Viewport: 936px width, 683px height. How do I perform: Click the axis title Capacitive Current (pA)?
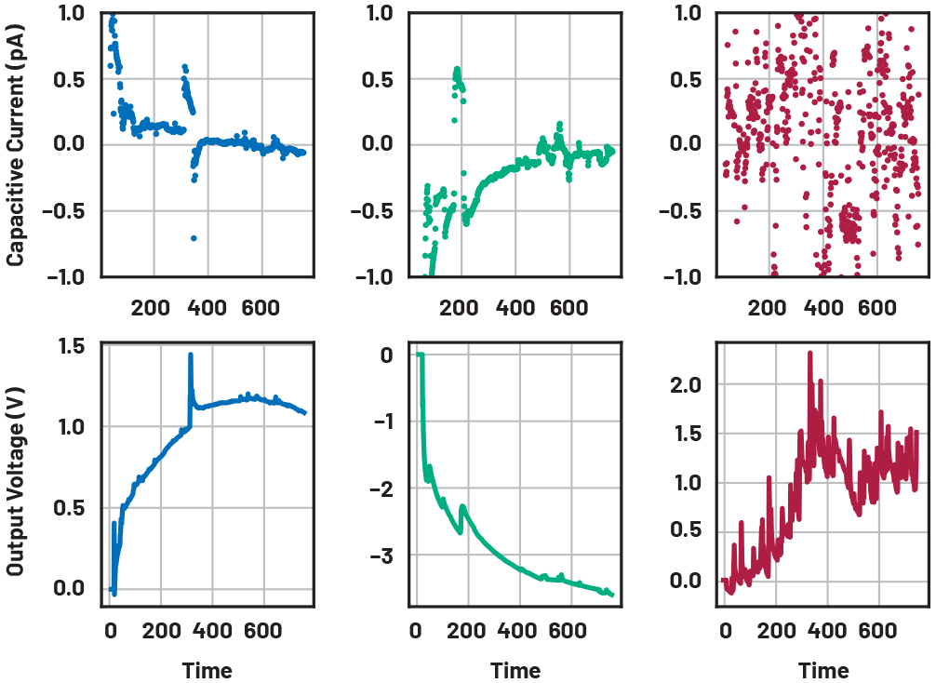16,144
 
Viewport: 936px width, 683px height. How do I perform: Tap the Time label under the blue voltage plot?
207,670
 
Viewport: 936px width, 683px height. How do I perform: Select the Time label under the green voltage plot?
515,670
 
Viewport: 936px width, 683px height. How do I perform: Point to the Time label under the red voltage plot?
823,670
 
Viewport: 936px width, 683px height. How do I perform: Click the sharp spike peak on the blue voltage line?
191,355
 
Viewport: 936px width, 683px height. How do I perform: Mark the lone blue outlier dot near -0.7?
194,238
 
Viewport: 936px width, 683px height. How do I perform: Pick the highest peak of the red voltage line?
810,354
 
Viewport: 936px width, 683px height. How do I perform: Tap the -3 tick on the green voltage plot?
381,556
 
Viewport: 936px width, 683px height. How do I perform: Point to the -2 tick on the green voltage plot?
381,489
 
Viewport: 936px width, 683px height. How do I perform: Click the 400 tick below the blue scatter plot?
207,307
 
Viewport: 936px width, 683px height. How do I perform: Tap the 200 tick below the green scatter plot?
460,307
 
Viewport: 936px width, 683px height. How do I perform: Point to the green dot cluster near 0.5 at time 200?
457,79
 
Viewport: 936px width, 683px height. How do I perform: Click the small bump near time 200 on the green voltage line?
462,507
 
